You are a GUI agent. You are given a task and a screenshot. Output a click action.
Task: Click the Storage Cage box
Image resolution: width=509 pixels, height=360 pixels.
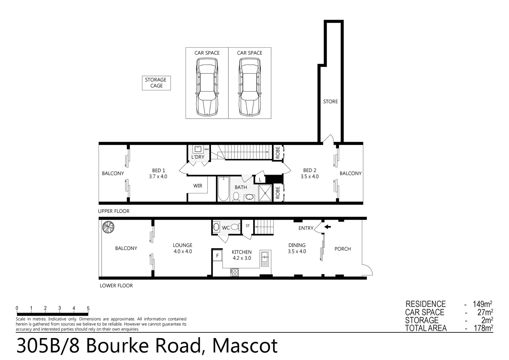click(x=156, y=83)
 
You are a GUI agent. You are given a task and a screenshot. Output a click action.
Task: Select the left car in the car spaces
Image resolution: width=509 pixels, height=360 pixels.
click(x=207, y=87)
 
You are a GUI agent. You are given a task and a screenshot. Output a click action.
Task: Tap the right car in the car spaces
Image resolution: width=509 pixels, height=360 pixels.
click(x=250, y=87)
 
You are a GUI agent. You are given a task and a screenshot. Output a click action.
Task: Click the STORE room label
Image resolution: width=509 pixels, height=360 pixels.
click(x=330, y=102)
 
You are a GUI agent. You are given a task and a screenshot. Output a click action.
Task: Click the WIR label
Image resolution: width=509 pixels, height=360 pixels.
click(x=198, y=186)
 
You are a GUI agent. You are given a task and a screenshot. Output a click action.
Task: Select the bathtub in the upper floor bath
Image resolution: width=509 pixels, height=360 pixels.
click(x=223, y=189)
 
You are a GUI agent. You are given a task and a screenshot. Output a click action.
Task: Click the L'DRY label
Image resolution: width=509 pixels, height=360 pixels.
click(x=198, y=157)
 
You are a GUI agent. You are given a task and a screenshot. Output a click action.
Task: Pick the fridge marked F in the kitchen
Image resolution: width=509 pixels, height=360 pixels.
click(x=218, y=256)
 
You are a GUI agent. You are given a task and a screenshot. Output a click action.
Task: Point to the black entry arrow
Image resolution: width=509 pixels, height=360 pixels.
click(x=328, y=227)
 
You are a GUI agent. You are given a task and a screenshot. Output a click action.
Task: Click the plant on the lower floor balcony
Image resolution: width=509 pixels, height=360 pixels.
click(x=108, y=227)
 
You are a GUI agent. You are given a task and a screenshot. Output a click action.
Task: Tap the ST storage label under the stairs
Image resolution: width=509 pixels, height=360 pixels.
click(x=248, y=226)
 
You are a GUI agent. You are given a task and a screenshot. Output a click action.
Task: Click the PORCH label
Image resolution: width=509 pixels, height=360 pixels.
click(x=342, y=249)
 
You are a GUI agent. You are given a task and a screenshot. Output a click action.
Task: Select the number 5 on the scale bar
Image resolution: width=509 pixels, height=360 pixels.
click(x=88, y=308)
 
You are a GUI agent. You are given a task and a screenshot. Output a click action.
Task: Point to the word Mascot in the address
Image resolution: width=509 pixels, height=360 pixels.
click(x=245, y=346)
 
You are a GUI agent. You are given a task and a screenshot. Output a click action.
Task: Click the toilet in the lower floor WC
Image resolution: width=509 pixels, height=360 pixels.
click(x=235, y=227)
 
